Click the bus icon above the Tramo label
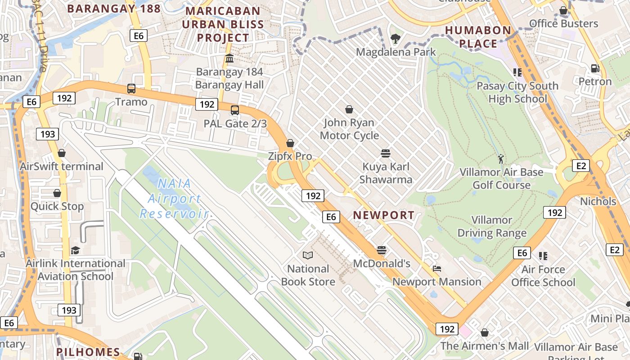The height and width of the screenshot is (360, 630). tap(131, 89)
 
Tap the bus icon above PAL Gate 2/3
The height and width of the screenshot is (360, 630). tap(234, 110)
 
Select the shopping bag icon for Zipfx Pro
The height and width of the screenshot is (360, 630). tap(290, 143)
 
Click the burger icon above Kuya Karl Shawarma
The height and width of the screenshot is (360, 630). tap(385, 153)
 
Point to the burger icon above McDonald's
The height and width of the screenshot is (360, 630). tap(382, 250)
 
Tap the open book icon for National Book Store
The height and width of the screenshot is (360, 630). tap(308, 256)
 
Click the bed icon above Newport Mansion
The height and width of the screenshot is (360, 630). tap(436, 269)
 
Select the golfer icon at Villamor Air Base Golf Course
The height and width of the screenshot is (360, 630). tap(501, 159)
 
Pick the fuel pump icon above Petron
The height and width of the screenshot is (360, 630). tap(595, 68)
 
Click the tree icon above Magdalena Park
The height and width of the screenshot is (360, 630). tap(396, 39)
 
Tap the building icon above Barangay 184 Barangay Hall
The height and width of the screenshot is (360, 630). tap(229, 58)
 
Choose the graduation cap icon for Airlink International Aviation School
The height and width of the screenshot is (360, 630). tap(75, 250)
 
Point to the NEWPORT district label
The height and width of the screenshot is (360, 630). tap(383, 215)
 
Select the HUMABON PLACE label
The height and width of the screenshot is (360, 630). tap(478, 37)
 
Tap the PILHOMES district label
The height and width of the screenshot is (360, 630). tap(88, 352)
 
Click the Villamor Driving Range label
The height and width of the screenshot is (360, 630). tap(492, 226)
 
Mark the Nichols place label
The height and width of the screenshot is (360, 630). tap(598, 201)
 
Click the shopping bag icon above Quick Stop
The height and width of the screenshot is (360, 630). tap(57, 193)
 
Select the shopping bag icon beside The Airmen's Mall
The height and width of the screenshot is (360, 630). tap(485, 333)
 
